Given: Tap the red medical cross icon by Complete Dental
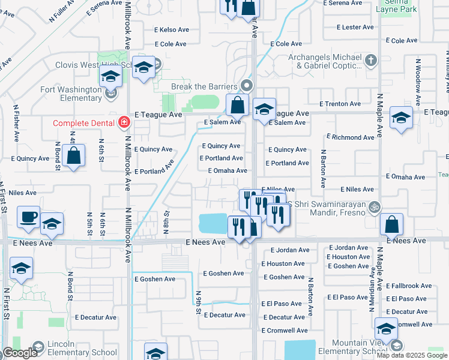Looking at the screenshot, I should tap(124, 123).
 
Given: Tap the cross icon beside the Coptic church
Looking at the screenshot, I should tap(371, 60).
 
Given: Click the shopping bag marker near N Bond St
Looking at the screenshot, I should tap(73, 157).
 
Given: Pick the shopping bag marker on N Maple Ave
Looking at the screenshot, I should tap(391, 225).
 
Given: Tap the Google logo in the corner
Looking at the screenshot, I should tap(20, 353).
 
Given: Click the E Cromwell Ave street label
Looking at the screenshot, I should tap(285, 330).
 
